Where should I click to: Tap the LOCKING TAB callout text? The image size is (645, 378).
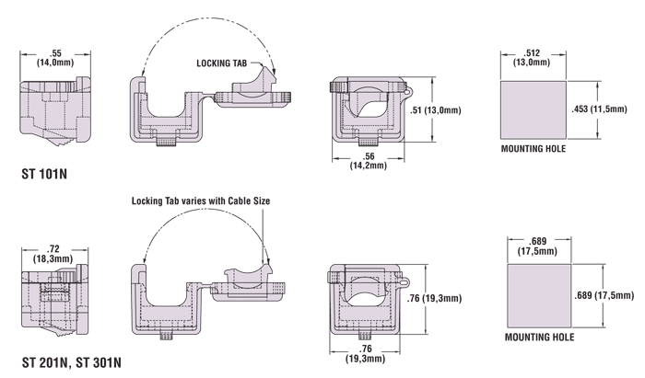coord(223,63)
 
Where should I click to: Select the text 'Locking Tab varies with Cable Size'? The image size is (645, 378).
coord(202,200)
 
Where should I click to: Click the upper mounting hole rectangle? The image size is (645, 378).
coord(533,109)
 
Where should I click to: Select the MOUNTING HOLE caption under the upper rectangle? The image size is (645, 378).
coord(533,148)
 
